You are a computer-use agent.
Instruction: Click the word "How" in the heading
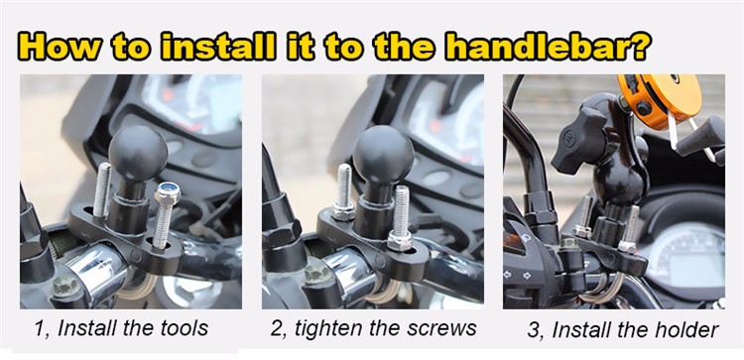pos(62,46)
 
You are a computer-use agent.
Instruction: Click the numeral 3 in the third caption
pos(533,330)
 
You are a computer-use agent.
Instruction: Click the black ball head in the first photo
pos(138,153)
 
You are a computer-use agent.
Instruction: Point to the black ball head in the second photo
pos(382,154)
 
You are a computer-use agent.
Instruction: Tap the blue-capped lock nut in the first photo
pos(168,193)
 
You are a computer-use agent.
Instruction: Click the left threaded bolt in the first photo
pos(101,189)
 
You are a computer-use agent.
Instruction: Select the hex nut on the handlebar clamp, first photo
pos(65,286)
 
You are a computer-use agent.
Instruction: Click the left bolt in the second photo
pos(343,192)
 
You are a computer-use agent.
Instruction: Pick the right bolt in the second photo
pos(400,218)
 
